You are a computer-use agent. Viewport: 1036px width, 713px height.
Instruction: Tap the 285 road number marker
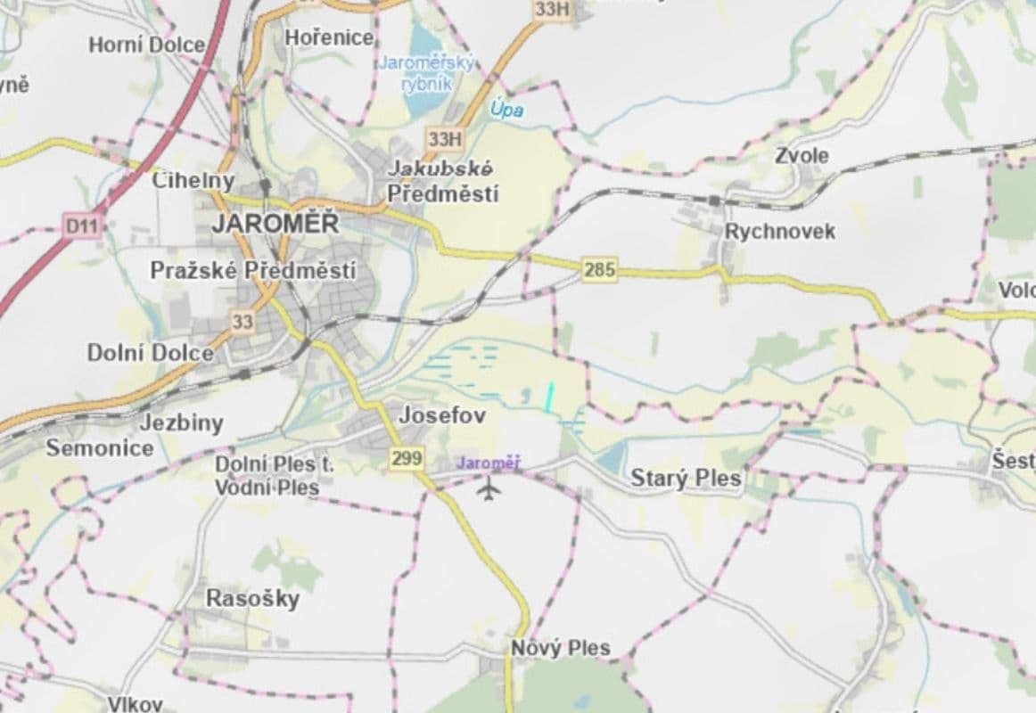pyautogui.click(x=599, y=269)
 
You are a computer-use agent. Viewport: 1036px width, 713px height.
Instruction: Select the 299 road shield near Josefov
pyautogui.click(x=406, y=458)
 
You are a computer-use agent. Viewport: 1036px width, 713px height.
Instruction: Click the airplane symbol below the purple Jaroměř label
pyautogui.click(x=488, y=488)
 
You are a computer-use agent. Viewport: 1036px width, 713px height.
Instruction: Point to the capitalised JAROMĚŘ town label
pyautogui.click(x=275, y=224)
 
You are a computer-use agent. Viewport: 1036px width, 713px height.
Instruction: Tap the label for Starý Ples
pyautogui.click(x=686, y=479)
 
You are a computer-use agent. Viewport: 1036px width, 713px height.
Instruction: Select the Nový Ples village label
pyautogui.click(x=561, y=648)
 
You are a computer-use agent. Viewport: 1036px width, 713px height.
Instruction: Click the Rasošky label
pyautogui.click(x=252, y=598)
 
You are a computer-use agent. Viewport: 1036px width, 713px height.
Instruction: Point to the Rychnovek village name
pyautogui.click(x=780, y=232)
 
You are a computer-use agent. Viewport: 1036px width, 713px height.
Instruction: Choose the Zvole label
pyautogui.click(x=801, y=156)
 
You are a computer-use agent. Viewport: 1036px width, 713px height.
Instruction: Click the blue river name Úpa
pyautogui.click(x=506, y=111)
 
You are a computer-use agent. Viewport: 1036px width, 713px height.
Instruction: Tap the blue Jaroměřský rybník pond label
pyautogui.click(x=427, y=73)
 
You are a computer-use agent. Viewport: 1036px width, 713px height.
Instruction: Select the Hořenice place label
pyautogui.click(x=329, y=37)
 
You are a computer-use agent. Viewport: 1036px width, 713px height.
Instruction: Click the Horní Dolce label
pyautogui.click(x=146, y=45)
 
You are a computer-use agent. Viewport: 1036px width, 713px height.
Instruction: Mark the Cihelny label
pyautogui.click(x=193, y=180)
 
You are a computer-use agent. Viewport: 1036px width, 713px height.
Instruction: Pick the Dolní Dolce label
pyautogui.click(x=150, y=353)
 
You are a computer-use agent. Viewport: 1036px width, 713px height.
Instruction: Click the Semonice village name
pyautogui.click(x=100, y=448)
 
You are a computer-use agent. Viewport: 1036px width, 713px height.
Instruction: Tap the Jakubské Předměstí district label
pyautogui.click(x=442, y=181)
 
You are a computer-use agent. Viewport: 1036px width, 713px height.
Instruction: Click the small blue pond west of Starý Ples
pyautogui.click(x=611, y=459)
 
